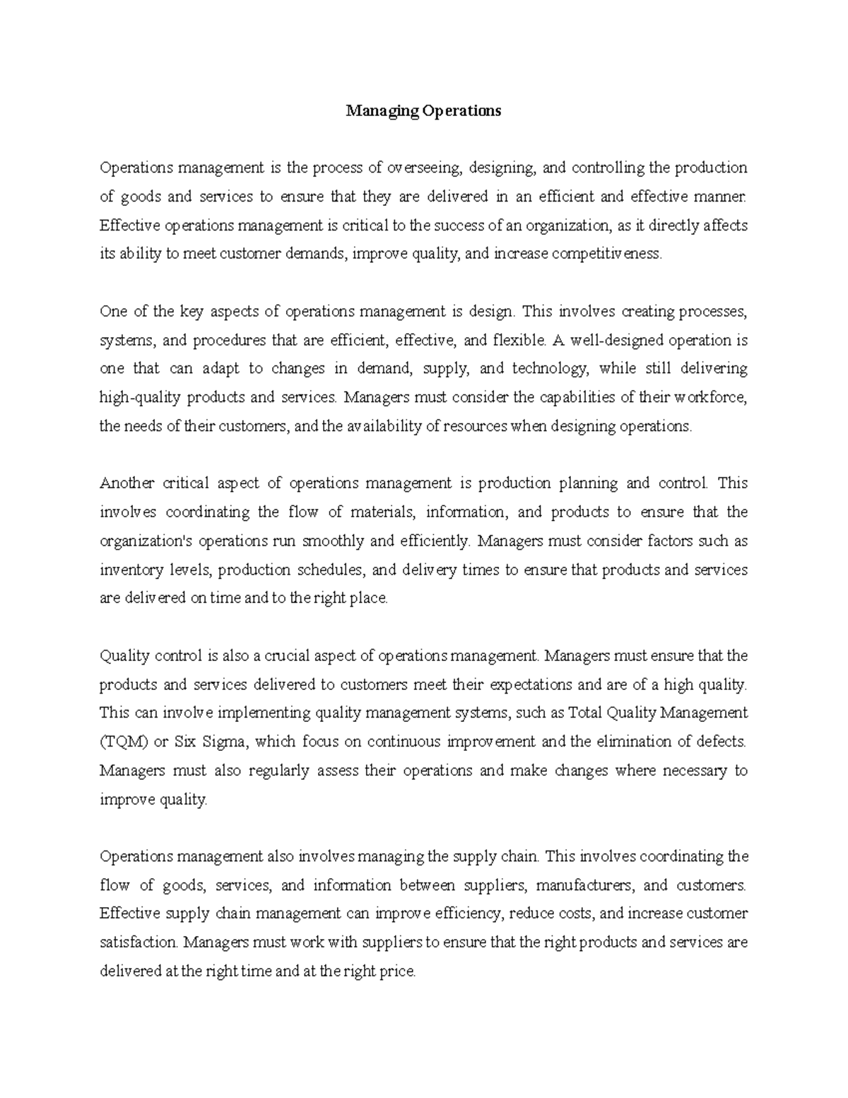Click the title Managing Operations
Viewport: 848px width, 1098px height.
[x=423, y=111]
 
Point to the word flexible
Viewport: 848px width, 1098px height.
[x=518, y=340]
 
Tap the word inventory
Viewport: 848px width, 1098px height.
[x=130, y=570]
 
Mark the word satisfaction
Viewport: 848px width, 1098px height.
[x=139, y=942]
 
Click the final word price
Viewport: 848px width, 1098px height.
[x=398, y=971]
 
